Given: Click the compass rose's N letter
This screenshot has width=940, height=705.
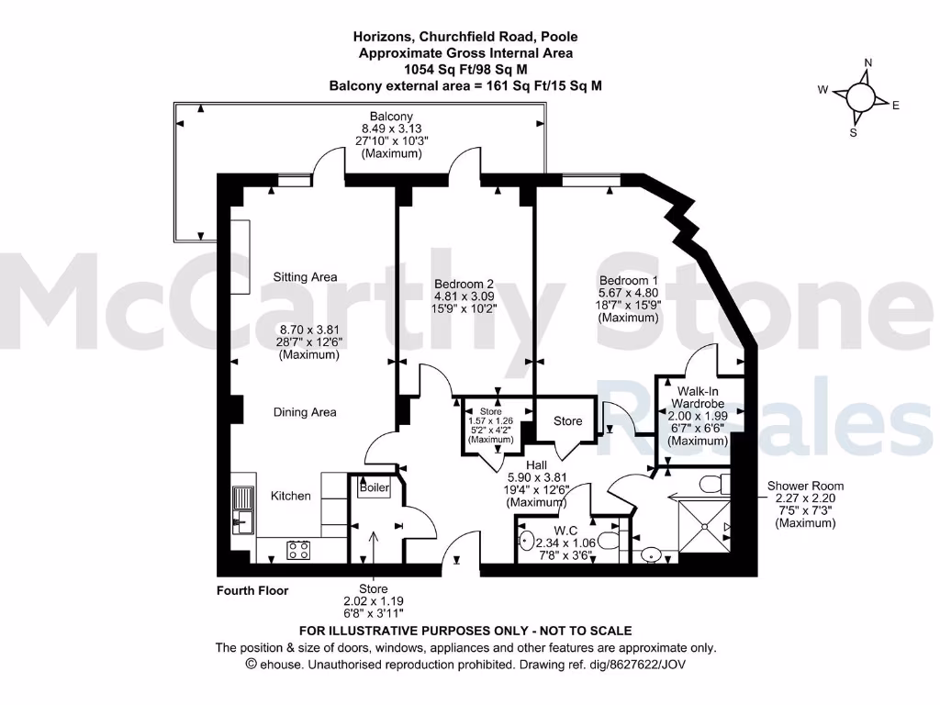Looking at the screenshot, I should pos(867,63).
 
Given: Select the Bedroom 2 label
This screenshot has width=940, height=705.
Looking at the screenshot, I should pos(464,284).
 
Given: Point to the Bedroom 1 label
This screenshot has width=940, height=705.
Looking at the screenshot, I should pos(629,280).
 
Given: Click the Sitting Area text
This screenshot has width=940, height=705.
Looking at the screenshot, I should pos(305,277).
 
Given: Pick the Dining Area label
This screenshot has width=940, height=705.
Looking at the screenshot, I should pos(305,412).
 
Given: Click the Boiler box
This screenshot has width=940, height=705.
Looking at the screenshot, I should pos(374,487).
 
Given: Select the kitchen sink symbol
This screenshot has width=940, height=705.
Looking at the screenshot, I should pos(244,510).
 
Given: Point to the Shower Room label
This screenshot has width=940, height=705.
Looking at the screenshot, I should pos(805,486).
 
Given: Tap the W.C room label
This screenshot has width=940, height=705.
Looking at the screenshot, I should pos(565,530).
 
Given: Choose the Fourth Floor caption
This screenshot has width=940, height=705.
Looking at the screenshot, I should pos(252,590).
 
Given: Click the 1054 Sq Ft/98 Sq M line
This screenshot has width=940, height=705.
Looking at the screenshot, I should pos(465,69).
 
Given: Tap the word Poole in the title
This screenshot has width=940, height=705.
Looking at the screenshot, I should pos(558,37).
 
